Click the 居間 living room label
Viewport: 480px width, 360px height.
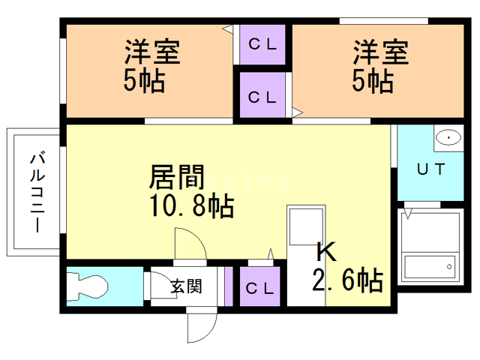click(177, 177)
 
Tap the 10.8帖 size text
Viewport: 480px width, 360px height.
click(192, 205)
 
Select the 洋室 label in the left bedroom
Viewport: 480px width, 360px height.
click(152, 52)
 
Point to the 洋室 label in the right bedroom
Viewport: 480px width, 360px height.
click(381, 52)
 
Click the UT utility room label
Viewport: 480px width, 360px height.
click(431, 169)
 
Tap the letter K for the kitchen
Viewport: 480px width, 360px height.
click(326, 252)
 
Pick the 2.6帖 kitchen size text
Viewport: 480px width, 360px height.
click(348, 280)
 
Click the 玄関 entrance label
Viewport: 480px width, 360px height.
click(186, 286)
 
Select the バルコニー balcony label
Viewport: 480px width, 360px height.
click(37, 192)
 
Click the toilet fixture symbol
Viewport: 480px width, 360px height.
click(88, 286)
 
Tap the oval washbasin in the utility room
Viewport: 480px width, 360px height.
click(448, 138)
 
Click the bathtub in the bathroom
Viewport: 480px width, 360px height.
click(430, 266)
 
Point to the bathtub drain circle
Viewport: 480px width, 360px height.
click(449, 267)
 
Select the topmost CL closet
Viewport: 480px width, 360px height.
click(262, 45)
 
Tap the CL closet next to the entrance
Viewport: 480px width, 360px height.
click(259, 286)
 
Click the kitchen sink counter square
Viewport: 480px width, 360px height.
click(306, 226)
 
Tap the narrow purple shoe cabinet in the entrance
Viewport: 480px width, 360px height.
click(229, 286)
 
